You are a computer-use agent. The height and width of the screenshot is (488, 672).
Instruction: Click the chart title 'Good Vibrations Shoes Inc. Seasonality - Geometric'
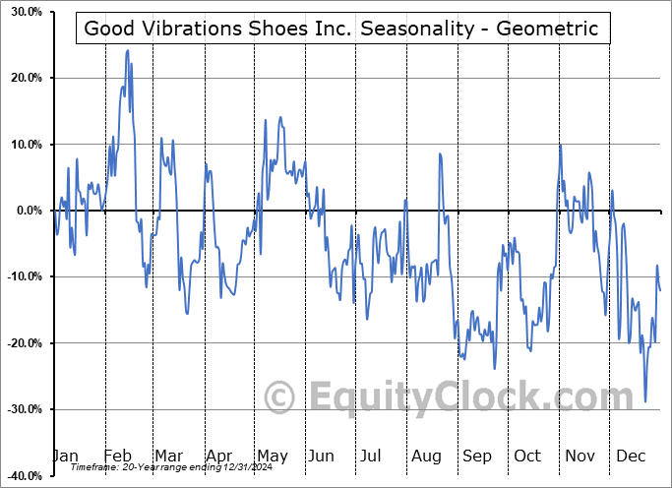[341, 29]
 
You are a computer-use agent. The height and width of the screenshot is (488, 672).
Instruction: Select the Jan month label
[65, 456]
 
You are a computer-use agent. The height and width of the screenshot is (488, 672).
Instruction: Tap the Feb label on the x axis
[118, 456]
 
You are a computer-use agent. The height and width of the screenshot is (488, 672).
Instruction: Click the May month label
[272, 456]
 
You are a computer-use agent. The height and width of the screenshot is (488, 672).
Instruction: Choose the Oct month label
[527, 456]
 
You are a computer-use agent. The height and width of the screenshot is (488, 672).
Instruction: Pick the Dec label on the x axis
[630, 456]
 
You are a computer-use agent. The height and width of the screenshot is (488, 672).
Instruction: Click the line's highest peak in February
[128, 50]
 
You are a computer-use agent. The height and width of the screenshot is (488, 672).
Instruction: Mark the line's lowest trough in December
[645, 401]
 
